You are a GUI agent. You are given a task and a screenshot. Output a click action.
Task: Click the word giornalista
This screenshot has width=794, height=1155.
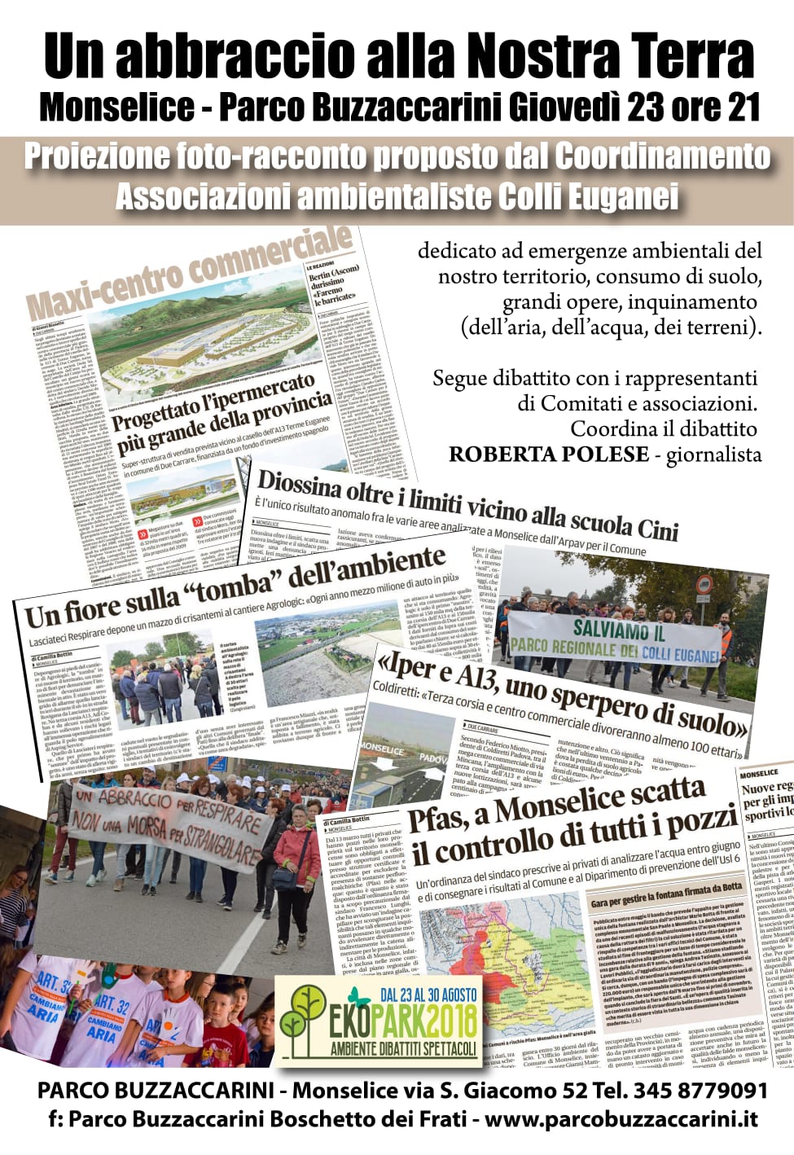(713, 455)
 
